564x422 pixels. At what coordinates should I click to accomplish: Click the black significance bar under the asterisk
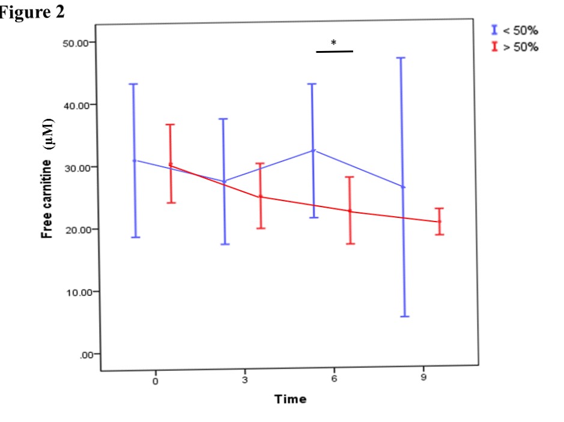tap(334, 52)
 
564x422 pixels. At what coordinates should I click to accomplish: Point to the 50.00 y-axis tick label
tap(76, 43)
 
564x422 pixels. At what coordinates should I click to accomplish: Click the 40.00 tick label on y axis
tap(76, 105)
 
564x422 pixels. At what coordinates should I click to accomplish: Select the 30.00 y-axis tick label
tap(76, 167)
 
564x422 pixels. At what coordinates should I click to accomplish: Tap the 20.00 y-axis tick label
tap(76, 230)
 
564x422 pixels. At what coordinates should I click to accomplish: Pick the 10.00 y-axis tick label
tap(76, 292)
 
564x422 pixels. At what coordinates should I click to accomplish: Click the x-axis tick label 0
tap(155, 381)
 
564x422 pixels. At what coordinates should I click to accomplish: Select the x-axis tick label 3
tap(244, 381)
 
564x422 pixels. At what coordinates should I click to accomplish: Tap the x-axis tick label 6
tap(334, 381)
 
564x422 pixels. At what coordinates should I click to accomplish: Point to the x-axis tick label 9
tap(423, 381)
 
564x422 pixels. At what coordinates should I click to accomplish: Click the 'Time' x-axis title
tap(290, 399)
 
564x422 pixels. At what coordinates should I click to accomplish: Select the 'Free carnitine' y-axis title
tap(47, 180)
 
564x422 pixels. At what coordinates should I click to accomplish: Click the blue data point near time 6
tap(313, 150)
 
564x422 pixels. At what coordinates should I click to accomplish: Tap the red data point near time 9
tap(439, 222)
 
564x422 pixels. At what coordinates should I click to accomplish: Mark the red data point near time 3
tap(261, 196)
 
